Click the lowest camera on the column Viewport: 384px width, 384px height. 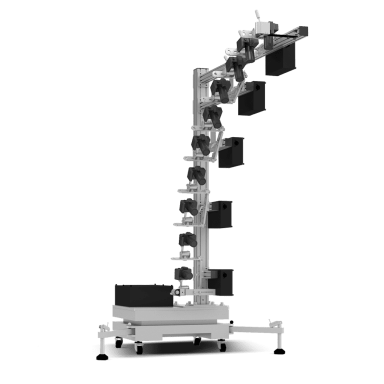click(x=183, y=273)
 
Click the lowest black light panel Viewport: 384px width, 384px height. click(x=220, y=280)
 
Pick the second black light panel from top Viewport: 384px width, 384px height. click(x=252, y=97)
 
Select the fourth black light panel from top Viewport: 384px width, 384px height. click(x=220, y=213)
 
